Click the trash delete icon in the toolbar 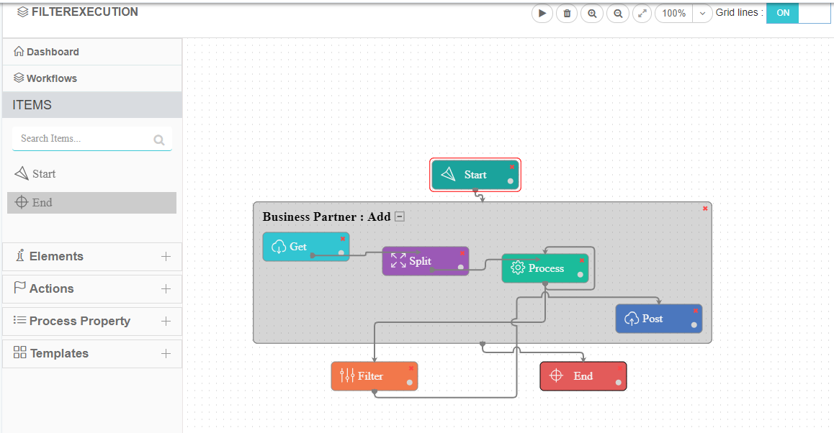point(567,13)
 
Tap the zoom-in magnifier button point(592,13)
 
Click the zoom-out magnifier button point(618,13)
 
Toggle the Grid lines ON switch point(798,13)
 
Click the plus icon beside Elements point(166,257)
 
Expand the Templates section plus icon point(166,354)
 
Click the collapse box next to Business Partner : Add point(400,216)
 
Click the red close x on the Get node point(343,239)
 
